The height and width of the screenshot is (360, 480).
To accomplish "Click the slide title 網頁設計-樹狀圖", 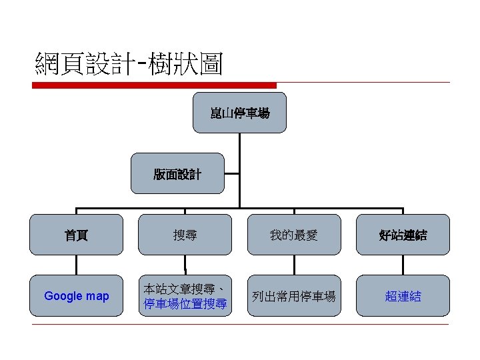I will pos(129,65).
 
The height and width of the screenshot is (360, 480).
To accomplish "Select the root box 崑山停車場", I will pos(239,113).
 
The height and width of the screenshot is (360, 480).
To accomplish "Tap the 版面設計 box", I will pos(177,174).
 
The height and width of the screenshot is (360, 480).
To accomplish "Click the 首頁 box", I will pos(76,235).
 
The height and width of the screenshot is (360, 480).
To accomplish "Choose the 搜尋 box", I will pos(185,235).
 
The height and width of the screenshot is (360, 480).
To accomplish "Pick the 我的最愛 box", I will pos(294,235).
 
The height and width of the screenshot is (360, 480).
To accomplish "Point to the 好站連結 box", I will pos(403,235).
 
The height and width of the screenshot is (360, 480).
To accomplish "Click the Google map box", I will pos(76,296).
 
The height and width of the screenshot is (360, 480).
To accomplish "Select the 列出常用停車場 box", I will pos(294,296).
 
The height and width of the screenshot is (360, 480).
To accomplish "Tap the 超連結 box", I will pos(403,296).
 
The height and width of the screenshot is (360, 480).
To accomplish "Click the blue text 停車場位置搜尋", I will pos(185,305).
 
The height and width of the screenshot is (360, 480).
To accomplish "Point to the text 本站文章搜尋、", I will pos(185,289).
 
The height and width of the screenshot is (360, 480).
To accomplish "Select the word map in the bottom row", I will pos(97,296).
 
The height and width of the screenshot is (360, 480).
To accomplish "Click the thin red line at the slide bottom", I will pos(240,325).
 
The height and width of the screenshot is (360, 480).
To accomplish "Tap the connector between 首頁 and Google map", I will pos(76,265).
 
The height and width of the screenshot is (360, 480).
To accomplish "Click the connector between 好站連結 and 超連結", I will pos(403,265).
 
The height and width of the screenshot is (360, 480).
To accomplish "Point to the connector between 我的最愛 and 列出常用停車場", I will pos(294,265).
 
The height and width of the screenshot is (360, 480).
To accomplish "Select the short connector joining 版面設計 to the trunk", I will pos(231,174).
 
